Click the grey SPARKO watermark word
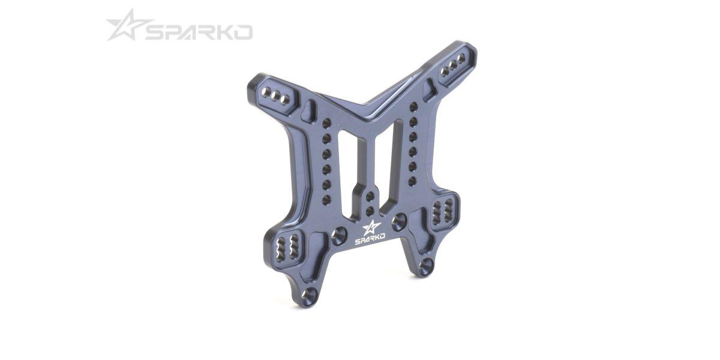click(199, 33)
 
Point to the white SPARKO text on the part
click(370, 241)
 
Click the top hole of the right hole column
click(413, 107)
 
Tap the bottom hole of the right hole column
click(412, 181)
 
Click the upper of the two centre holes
click(370, 196)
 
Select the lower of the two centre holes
click(370, 211)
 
